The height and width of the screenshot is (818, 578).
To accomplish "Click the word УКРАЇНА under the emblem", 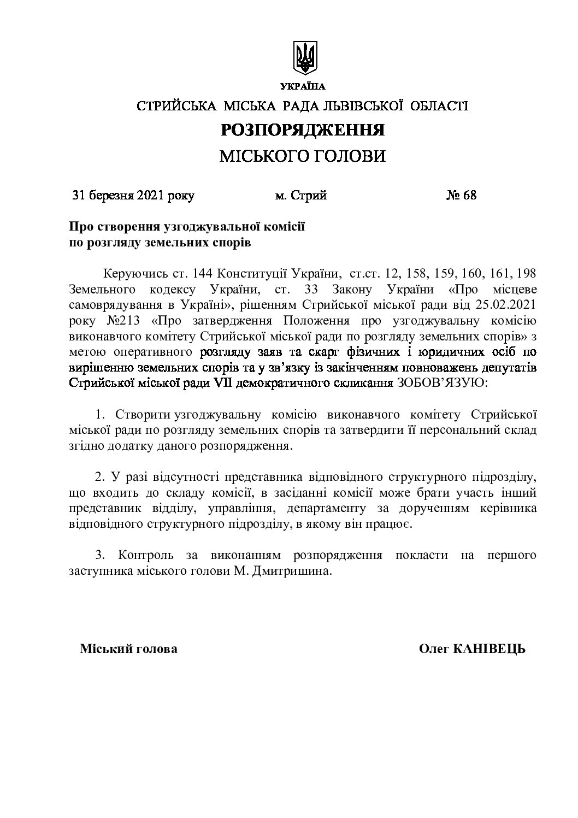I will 303,86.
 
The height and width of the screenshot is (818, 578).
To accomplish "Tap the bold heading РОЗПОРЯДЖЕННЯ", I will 302,130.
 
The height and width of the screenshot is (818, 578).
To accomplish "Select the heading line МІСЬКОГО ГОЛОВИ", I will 302,157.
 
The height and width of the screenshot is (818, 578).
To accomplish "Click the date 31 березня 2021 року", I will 133,196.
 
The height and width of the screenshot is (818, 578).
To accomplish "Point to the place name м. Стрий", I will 301,196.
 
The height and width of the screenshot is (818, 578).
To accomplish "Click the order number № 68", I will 462,196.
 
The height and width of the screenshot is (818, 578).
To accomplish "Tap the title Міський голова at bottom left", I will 128,649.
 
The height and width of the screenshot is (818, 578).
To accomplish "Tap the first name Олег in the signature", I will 434,649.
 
